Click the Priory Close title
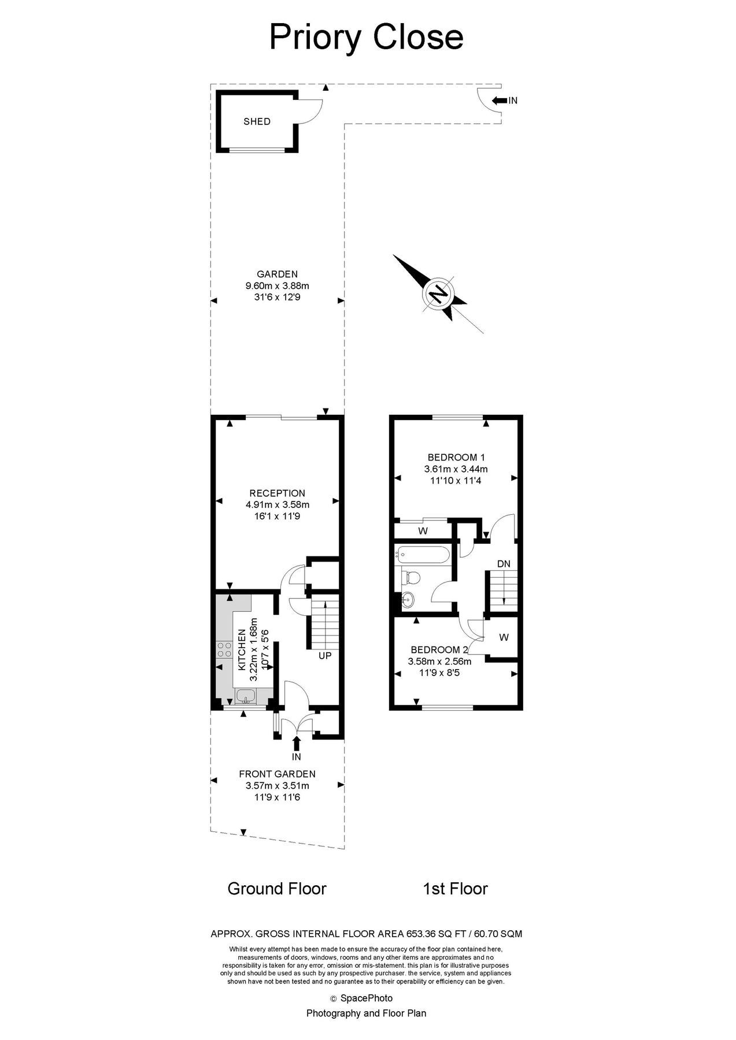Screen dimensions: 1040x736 (367, 37)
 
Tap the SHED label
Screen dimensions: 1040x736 (257, 122)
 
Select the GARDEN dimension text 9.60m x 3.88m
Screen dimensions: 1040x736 (277, 285)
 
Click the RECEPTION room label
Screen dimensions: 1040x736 (277, 493)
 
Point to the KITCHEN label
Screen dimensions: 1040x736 (242, 649)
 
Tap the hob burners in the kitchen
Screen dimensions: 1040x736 (224, 650)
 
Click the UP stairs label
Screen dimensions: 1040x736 (325, 656)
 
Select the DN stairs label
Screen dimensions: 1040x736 (504, 563)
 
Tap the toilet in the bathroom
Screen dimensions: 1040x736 (411, 577)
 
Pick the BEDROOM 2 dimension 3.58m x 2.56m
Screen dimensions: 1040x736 (439, 662)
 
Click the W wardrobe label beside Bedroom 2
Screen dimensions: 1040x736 (504, 637)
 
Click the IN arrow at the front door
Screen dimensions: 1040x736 (297, 742)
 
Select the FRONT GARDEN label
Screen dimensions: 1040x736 (277, 774)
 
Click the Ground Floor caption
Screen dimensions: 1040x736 (277, 888)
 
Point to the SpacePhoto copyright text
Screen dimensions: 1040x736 (366, 998)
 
